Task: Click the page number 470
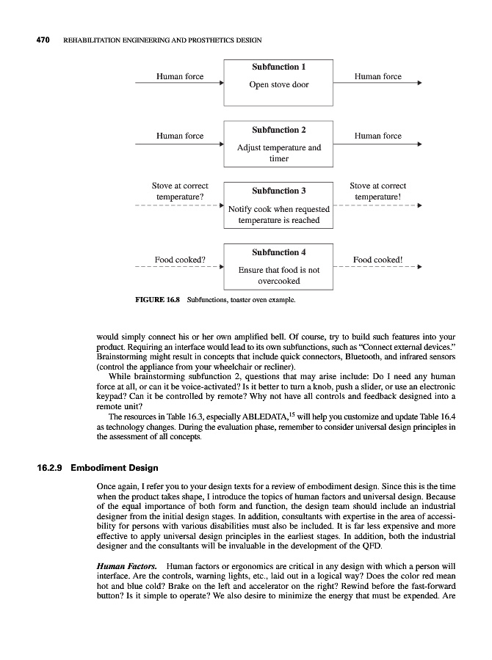tap(37, 39)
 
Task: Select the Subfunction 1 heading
tap(278, 67)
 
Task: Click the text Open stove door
tap(278, 84)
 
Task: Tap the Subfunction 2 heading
tap(278, 130)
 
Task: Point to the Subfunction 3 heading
tap(278, 191)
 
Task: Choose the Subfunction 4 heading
tap(278, 252)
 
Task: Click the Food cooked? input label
tap(179, 260)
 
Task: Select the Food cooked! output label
tap(378, 260)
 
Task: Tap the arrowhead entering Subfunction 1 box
tap(220, 84)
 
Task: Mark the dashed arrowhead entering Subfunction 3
tap(220, 205)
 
